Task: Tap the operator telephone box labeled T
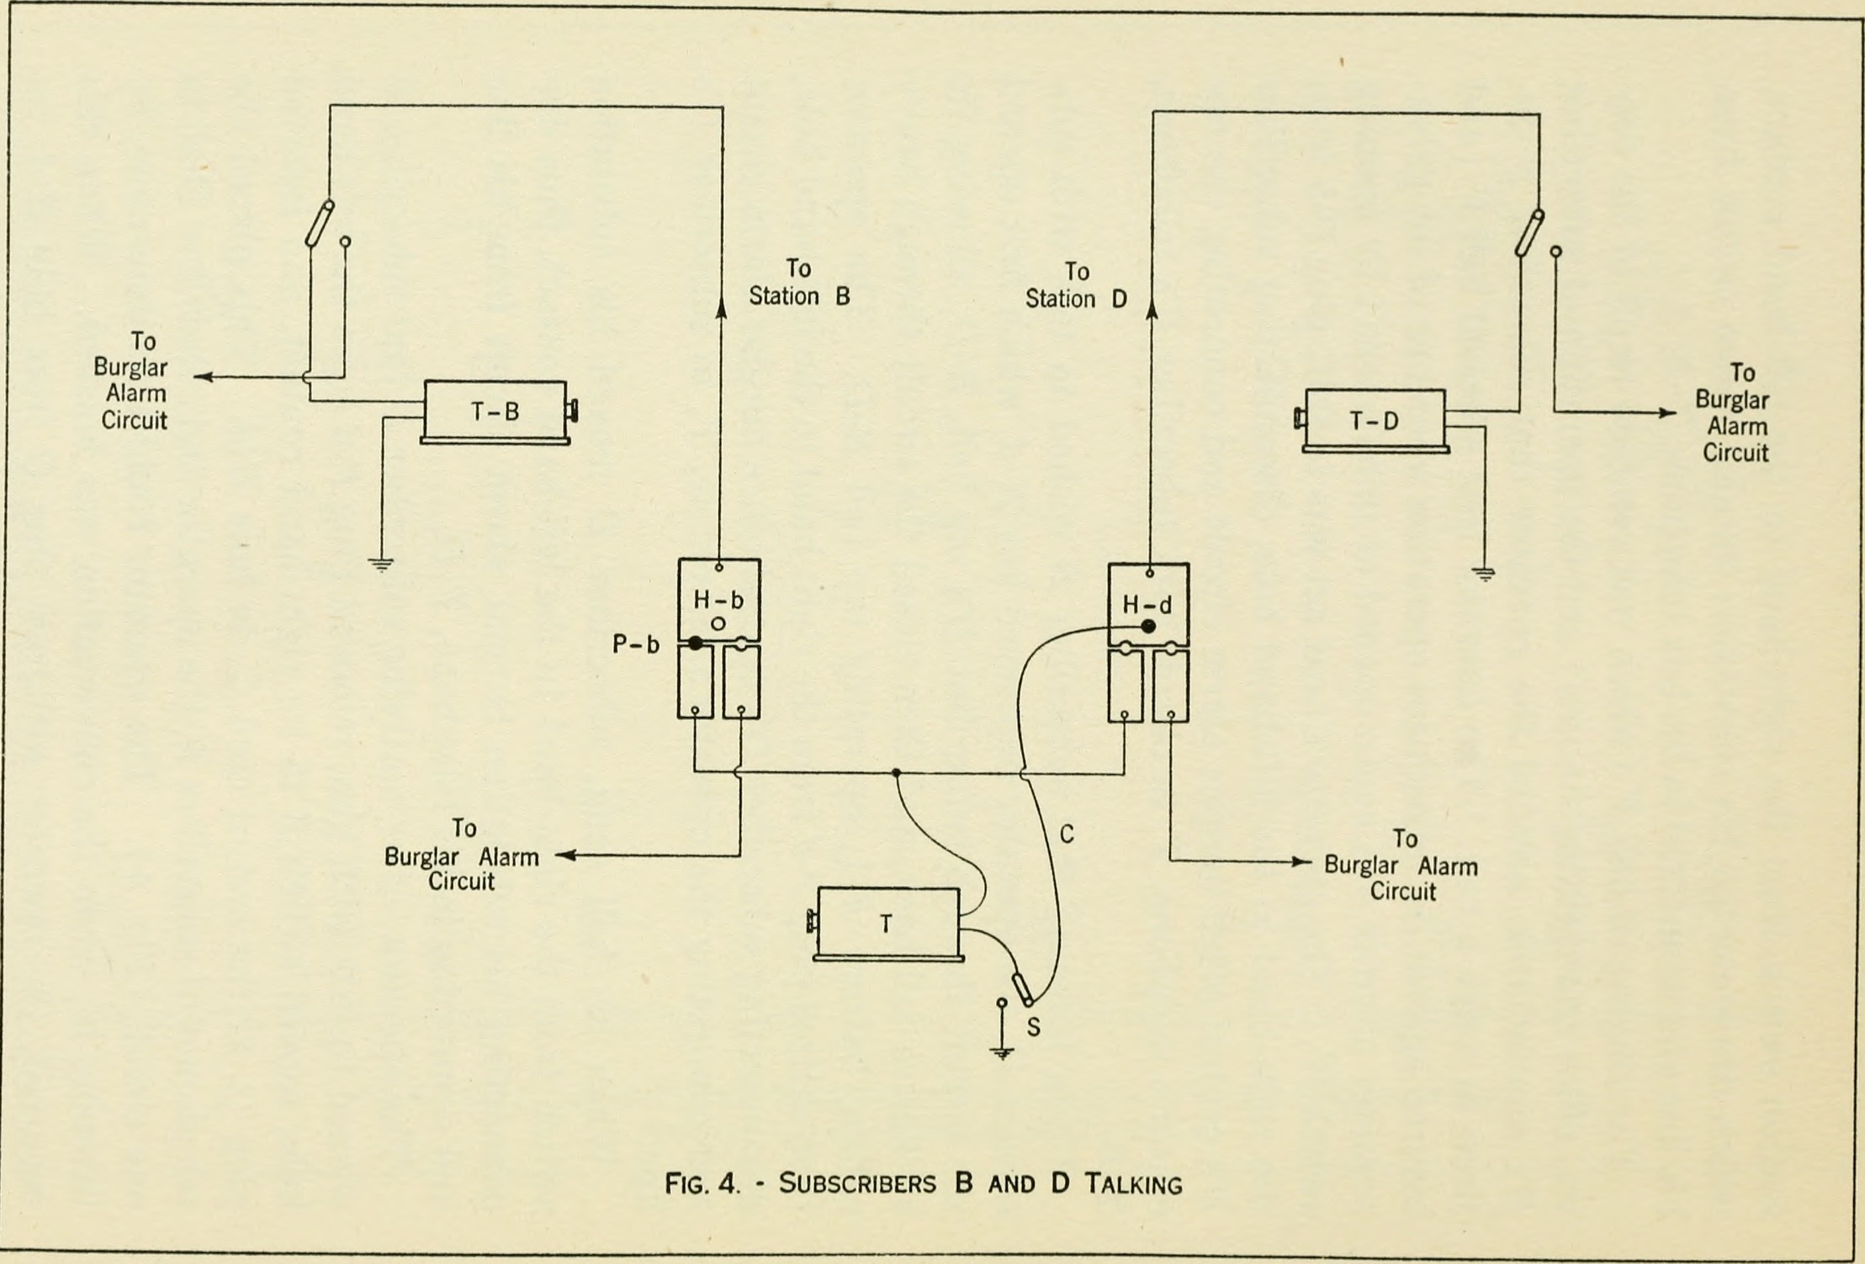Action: (x=887, y=923)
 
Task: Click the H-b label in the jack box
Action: (x=718, y=600)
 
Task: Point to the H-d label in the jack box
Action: (x=1147, y=605)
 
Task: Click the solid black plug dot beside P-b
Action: (x=695, y=643)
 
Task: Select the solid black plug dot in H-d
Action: (x=1148, y=627)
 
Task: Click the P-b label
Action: (x=636, y=644)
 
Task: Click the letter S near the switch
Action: (x=1034, y=1026)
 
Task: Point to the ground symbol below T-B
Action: (x=381, y=564)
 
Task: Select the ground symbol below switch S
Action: (x=1001, y=1053)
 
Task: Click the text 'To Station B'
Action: (x=799, y=283)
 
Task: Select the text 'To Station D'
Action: (x=1076, y=285)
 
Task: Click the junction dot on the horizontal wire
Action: (x=895, y=773)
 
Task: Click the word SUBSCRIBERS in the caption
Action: (x=857, y=1184)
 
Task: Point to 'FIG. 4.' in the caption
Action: (x=702, y=1184)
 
